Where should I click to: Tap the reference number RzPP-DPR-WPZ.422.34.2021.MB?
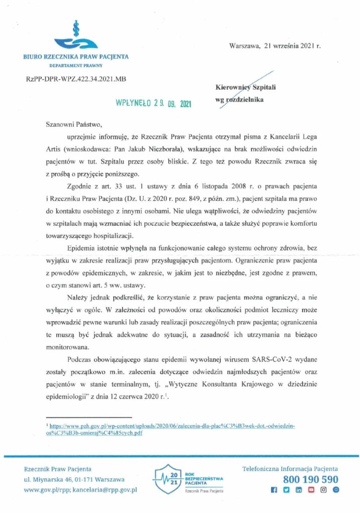pyautogui.click(x=72, y=80)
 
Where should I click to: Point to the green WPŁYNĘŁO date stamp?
pyautogui.click(x=153, y=103)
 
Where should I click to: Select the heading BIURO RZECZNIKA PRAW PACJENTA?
pyautogui.click(x=76, y=57)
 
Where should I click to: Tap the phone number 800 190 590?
pyautogui.click(x=311, y=479)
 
